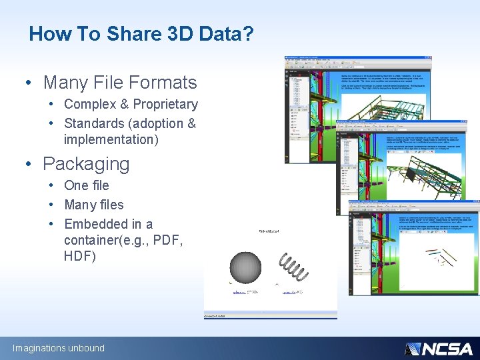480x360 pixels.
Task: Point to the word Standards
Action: click(x=94, y=123)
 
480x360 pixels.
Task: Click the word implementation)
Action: click(x=111, y=139)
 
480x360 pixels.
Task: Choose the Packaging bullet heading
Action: click(x=86, y=163)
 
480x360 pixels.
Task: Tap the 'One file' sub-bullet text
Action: click(x=86, y=185)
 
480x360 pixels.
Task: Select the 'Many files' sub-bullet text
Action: click(x=93, y=205)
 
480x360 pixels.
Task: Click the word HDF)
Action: click(x=80, y=256)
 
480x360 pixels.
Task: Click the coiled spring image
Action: click(x=293, y=267)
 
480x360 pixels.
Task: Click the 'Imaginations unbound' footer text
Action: click(x=59, y=348)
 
